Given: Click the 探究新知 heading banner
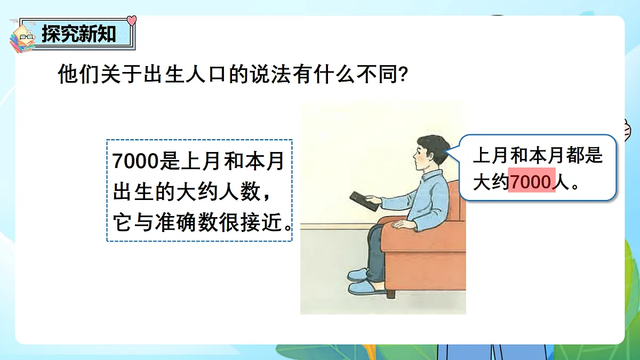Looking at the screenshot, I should point(79,34).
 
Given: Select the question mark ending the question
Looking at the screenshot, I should point(404,75).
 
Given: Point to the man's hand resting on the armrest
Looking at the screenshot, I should point(405,225).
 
